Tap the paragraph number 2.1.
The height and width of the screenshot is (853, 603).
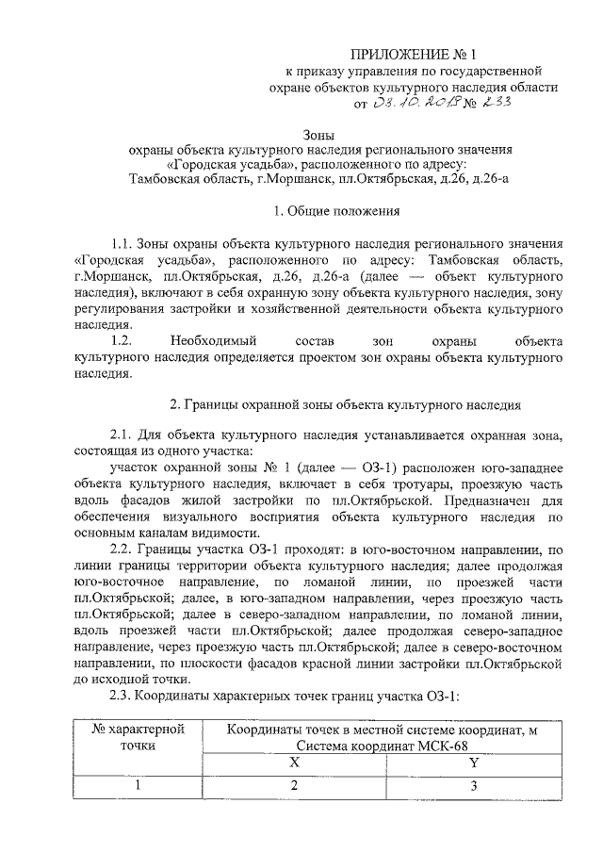124,435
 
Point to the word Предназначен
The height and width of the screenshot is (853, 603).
493,500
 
